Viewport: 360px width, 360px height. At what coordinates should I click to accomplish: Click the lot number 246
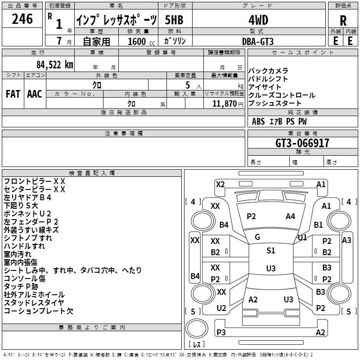point(22,19)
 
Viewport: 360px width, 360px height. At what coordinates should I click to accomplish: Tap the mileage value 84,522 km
point(55,65)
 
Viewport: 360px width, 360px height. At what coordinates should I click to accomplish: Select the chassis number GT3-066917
point(302,143)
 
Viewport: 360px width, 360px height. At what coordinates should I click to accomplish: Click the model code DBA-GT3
point(258,41)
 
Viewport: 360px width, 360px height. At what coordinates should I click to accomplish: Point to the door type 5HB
point(174,20)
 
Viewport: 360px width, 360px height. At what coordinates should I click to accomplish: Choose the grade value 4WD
point(258,20)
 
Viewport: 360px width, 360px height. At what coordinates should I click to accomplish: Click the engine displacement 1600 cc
point(141,41)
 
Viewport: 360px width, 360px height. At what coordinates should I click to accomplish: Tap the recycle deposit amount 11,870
point(224,104)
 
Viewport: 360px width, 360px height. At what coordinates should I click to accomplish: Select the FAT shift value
point(13,94)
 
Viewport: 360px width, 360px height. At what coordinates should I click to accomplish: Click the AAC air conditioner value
point(35,94)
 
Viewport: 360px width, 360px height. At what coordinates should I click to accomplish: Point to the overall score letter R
point(343,21)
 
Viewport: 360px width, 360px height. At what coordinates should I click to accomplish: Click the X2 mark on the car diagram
point(220,184)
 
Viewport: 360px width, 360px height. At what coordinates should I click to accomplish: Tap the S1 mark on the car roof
point(271,251)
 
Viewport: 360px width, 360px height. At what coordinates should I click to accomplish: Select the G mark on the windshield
point(257,237)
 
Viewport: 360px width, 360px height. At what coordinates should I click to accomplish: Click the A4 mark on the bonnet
point(290,216)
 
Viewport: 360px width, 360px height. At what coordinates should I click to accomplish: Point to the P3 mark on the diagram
point(221,332)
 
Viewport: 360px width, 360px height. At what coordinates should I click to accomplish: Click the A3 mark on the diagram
point(346,240)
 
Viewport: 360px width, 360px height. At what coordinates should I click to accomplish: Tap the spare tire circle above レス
point(197,328)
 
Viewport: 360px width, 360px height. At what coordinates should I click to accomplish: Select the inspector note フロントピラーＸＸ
point(35,181)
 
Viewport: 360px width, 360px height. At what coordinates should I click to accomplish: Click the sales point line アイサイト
point(265,87)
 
